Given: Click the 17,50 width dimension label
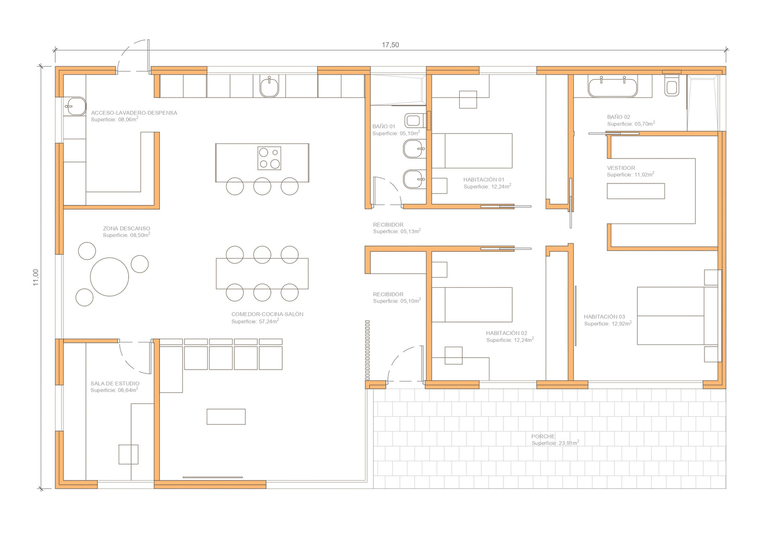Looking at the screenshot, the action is click(390, 45).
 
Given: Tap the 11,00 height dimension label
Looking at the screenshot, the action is click(35, 278).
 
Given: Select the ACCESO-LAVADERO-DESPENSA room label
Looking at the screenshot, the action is click(134, 113).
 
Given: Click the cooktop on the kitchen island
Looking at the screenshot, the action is click(269, 158).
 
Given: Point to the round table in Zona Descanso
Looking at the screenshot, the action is click(109, 277).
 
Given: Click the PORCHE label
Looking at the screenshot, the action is click(543, 436).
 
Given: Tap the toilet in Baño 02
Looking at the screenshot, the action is click(672, 86).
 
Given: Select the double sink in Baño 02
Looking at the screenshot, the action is click(613, 87).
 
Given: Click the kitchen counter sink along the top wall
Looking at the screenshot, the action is click(269, 87).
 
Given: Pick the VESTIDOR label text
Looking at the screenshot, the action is click(621, 168).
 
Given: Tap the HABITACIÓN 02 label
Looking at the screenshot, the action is click(507, 333).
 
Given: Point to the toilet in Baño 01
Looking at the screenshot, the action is click(415, 121).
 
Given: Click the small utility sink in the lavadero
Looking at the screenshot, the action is click(75, 106).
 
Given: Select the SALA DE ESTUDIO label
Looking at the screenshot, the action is click(115, 383).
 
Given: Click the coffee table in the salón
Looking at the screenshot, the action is click(226, 416).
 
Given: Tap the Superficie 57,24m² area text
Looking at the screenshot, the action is click(255, 321).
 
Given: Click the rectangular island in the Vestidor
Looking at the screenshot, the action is click(636, 191).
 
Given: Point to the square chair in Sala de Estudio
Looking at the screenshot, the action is click(128, 454).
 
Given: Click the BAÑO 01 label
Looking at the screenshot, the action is click(384, 126).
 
